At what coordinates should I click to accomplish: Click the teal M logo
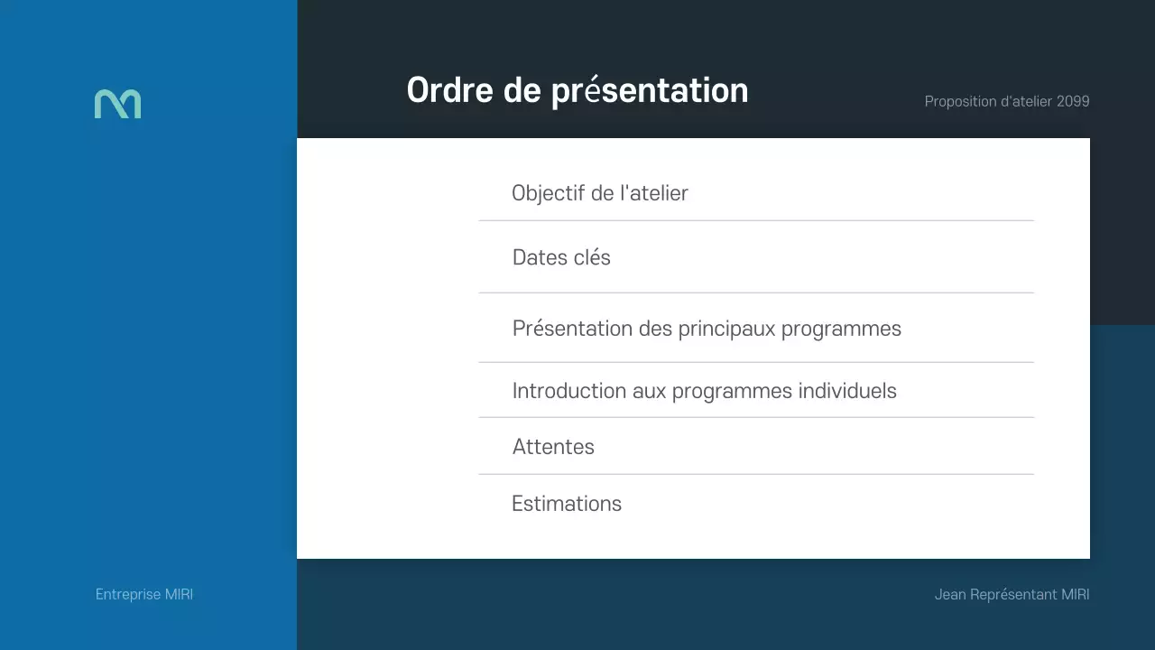pyautogui.click(x=117, y=104)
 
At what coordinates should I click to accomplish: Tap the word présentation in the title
pyautogui.click(x=650, y=91)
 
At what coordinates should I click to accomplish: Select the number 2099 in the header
pyautogui.click(x=1073, y=101)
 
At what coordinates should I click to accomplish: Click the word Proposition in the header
pyautogui.click(x=960, y=101)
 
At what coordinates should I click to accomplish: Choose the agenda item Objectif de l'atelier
pyautogui.click(x=599, y=193)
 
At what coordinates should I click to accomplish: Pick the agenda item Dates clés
pyautogui.click(x=561, y=257)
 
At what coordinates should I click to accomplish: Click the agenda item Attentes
pyautogui.click(x=553, y=447)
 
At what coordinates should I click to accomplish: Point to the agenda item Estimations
pyautogui.click(x=567, y=504)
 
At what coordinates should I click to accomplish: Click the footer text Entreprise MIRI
pyautogui.click(x=144, y=594)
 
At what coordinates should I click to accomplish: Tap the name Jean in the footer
pyautogui.click(x=950, y=594)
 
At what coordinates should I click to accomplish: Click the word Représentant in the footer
pyautogui.click(x=1013, y=594)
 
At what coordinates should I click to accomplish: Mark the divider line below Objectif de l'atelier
pyautogui.click(x=756, y=220)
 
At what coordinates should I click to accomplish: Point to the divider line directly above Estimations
pyautogui.click(x=756, y=474)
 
